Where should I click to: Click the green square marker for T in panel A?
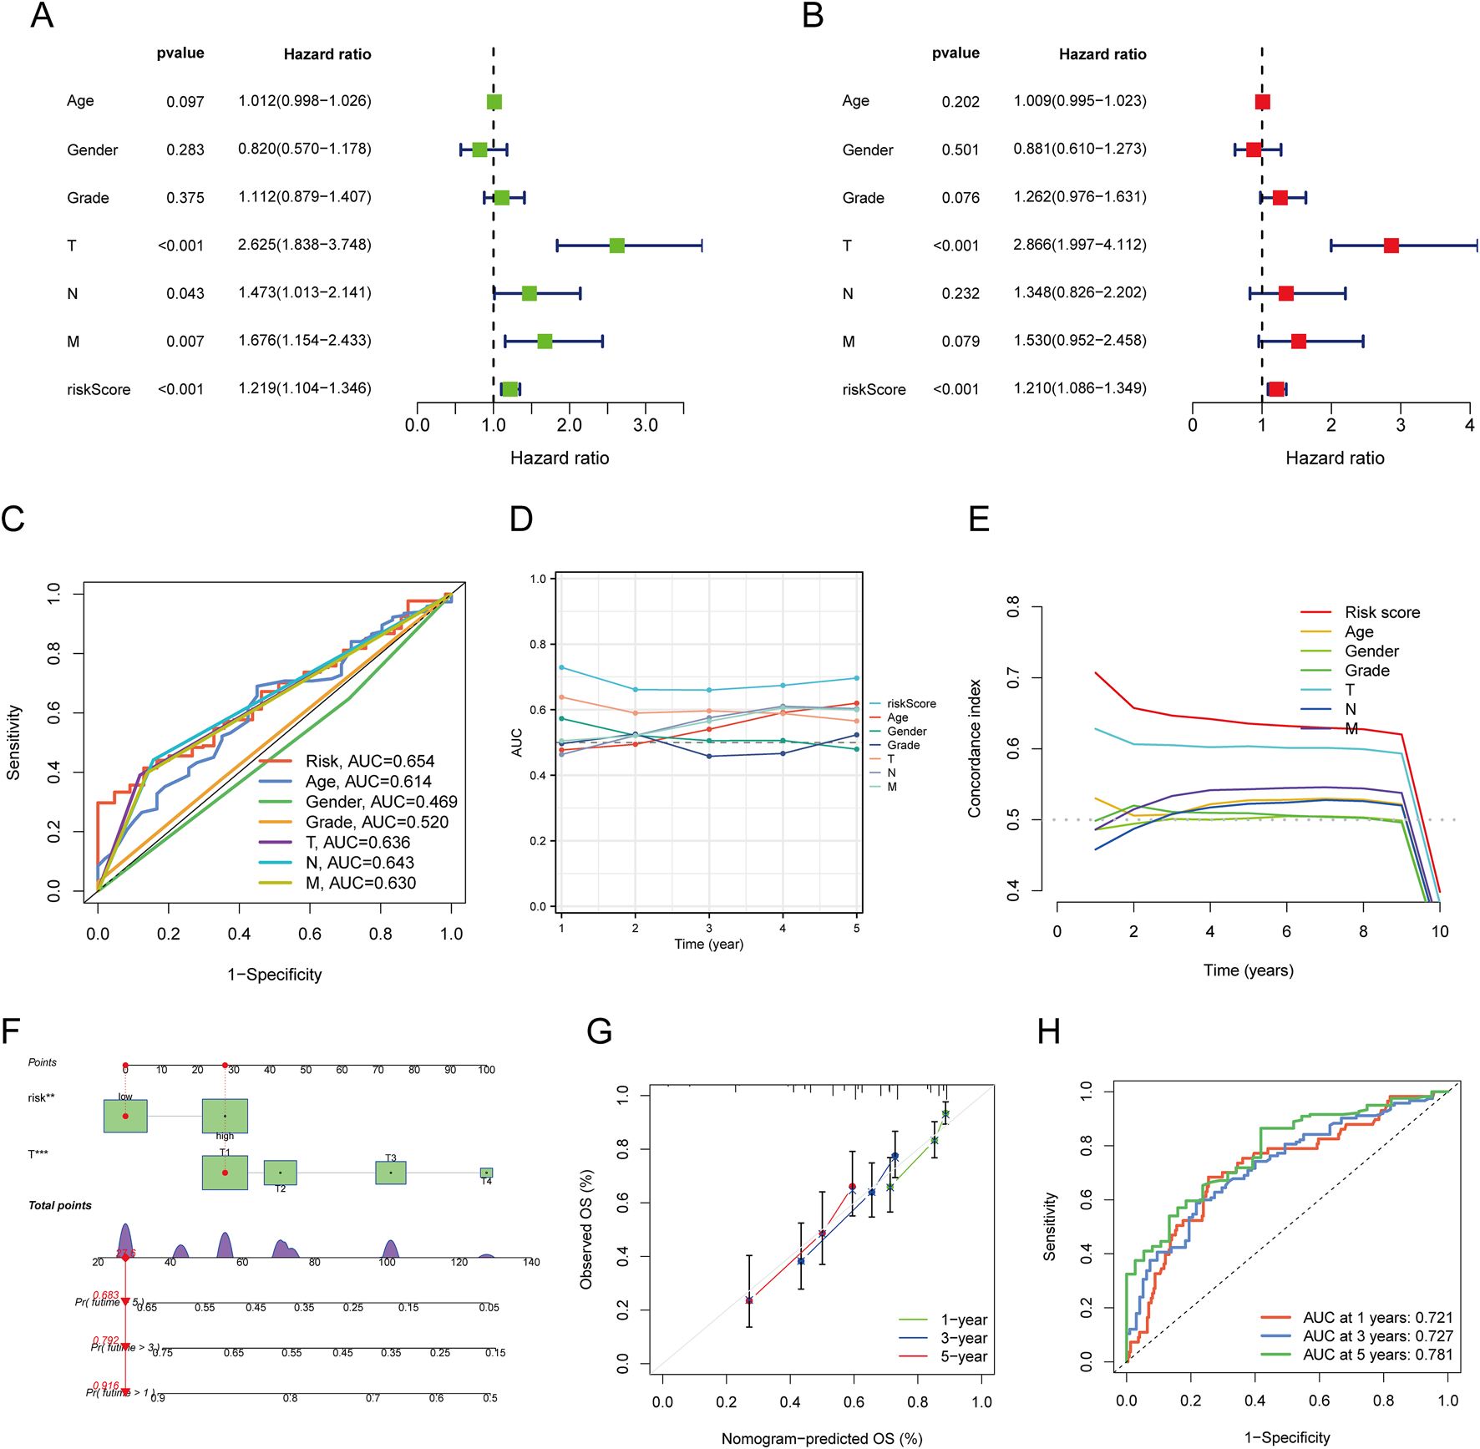[616, 246]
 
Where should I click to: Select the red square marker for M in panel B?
[1298, 342]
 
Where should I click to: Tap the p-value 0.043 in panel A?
[185, 294]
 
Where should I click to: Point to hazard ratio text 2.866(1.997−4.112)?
[1079, 245]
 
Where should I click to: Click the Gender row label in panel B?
[867, 150]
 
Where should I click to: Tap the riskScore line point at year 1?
[562, 667]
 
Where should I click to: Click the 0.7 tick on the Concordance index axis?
[1013, 678]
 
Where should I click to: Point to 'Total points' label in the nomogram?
[60, 1205]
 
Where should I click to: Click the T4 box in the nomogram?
[486, 1173]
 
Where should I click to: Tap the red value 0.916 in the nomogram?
[106, 1386]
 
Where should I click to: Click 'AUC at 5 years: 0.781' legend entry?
[1377, 1355]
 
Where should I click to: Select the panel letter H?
[1048, 1032]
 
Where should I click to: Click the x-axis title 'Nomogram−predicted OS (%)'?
[821, 1438]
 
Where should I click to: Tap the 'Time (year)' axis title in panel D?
[708, 944]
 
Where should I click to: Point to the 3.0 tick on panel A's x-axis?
[646, 425]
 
